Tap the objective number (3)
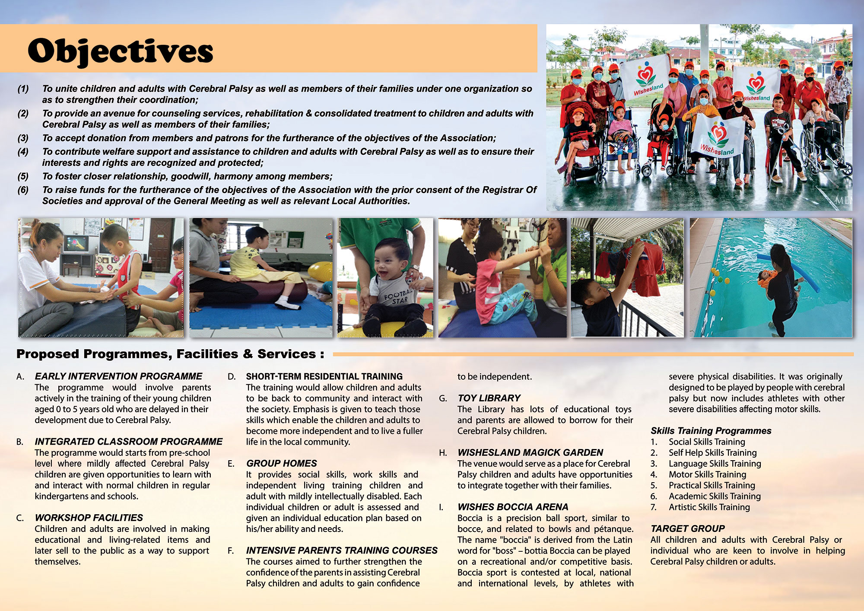[23, 138]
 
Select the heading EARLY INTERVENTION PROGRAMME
[118, 376]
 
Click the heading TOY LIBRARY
[489, 398]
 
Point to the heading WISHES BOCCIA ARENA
[513, 507]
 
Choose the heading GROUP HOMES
[282, 463]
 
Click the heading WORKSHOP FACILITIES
[89, 518]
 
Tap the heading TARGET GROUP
[688, 528]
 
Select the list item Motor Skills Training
[707, 474]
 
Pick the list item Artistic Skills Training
[709, 507]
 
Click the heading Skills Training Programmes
[711, 431]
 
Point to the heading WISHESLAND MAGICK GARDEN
[530, 452]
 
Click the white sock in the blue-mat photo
[287, 302]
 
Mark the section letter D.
[232, 377]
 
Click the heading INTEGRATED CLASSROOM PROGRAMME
[129, 442]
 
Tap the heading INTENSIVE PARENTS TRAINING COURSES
[342, 551]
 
